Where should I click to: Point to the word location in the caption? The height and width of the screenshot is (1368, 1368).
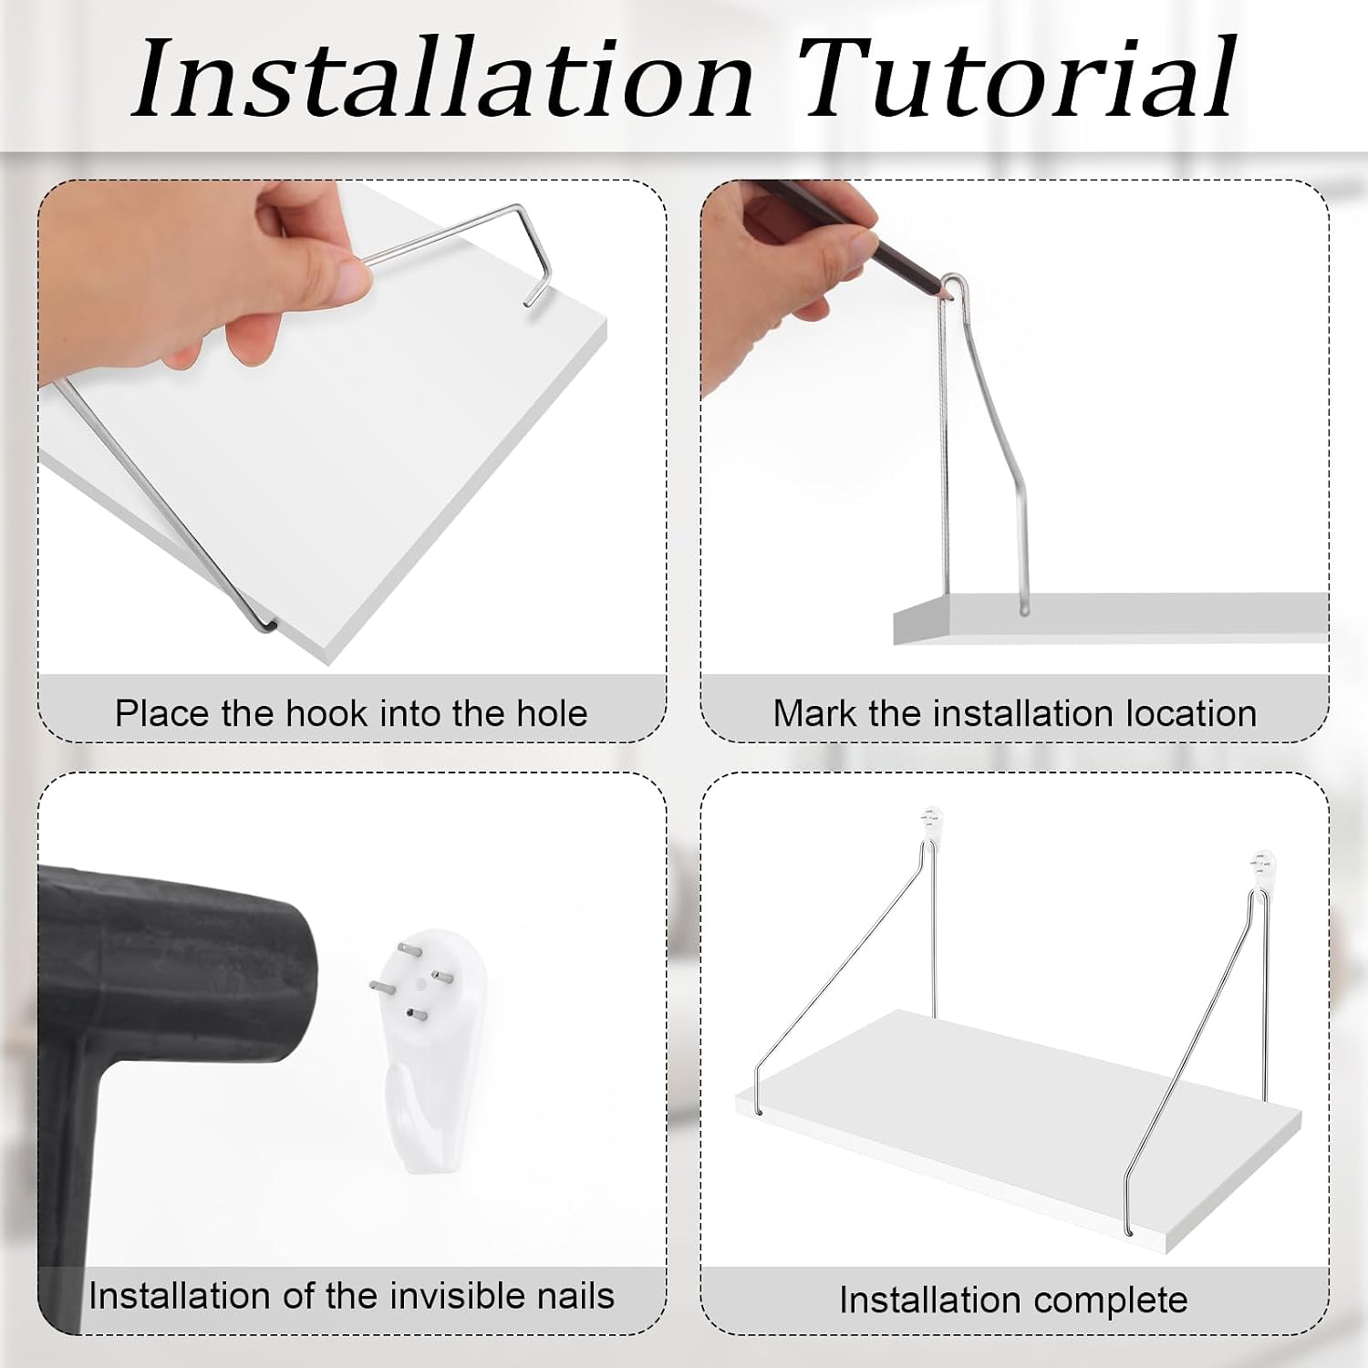click(x=1192, y=712)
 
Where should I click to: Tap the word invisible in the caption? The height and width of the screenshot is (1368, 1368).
click(x=441, y=1295)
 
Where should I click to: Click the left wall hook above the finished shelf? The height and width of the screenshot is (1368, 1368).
click(x=930, y=826)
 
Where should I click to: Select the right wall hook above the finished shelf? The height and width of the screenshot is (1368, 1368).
click(x=1261, y=871)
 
